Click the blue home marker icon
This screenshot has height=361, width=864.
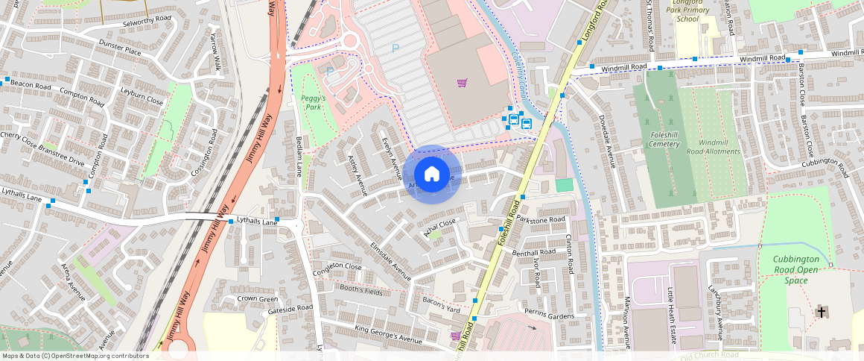432,174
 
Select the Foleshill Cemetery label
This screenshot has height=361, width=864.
664,140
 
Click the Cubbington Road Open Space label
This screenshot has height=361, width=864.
795,269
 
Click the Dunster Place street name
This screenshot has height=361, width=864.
119,48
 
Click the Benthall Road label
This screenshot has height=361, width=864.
535,252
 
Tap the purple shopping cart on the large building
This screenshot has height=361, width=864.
463,82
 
